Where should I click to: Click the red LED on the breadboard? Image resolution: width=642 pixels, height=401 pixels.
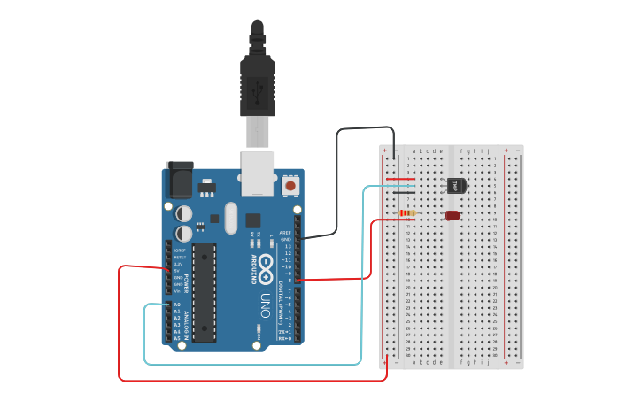(452, 215)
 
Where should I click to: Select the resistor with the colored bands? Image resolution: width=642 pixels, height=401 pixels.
(408, 213)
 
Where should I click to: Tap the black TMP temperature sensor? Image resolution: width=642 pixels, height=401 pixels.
(456, 185)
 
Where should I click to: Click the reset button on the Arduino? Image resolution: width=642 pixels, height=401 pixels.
(290, 187)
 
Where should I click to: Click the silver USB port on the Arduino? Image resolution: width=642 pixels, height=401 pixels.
(258, 172)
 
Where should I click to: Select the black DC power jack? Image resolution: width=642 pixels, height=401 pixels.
(180, 181)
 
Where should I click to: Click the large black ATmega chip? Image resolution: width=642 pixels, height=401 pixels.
(204, 291)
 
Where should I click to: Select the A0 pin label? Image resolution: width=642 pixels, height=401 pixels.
(176, 305)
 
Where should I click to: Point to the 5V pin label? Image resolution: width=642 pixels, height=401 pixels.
(177, 270)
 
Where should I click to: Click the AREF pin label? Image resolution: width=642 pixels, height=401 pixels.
(286, 233)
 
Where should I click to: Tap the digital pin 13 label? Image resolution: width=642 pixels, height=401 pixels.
(287, 246)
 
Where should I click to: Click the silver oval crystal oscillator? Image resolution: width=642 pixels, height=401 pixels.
(231, 218)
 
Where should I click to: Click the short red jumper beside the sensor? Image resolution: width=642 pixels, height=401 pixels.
(400, 179)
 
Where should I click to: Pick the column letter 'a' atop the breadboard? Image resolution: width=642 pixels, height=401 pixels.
(414, 151)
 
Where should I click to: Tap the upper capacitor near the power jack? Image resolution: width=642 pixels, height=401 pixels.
(184, 213)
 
